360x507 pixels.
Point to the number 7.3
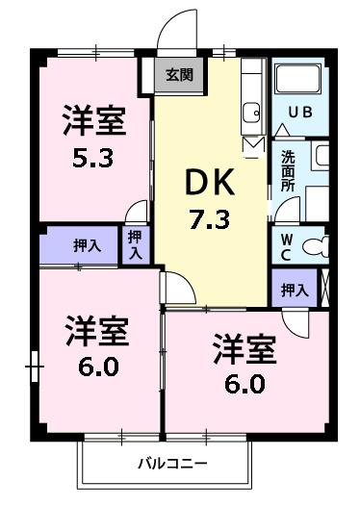[x=209, y=218]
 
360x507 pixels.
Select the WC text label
[x=287, y=245]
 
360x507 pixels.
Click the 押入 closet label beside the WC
[x=295, y=290]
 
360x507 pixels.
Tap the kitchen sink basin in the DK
[x=252, y=112]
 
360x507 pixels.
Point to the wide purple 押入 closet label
[x=86, y=245]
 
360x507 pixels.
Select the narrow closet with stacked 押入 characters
[x=135, y=243]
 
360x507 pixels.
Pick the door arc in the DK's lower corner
[x=176, y=288]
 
